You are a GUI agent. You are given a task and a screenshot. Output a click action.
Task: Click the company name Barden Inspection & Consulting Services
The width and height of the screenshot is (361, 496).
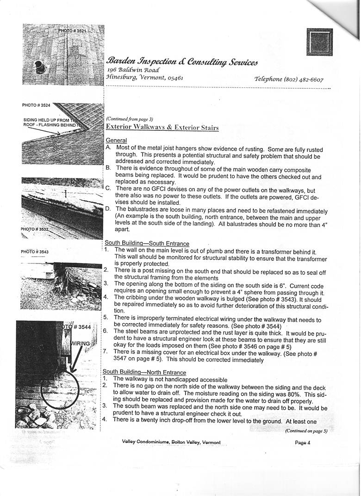(x=182, y=61)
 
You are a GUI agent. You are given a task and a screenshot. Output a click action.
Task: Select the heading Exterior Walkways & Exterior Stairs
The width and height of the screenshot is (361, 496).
(x=162, y=128)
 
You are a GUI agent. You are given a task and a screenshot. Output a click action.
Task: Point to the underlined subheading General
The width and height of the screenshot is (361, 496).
(x=116, y=140)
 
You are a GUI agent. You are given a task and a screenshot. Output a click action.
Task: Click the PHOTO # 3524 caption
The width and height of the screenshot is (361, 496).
(x=36, y=105)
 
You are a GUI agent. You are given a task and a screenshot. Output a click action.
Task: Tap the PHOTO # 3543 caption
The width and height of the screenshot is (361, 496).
(x=35, y=252)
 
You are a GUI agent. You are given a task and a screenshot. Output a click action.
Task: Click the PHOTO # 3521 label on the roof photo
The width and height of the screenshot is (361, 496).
(x=73, y=31)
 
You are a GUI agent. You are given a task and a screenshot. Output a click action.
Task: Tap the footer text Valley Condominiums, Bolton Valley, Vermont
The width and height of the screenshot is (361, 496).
(x=171, y=442)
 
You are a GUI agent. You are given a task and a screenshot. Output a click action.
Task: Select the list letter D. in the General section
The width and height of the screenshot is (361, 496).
(x=108, y=209)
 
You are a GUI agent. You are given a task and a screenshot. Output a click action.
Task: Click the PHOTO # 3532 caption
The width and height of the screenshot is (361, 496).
(x=35, y=229)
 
